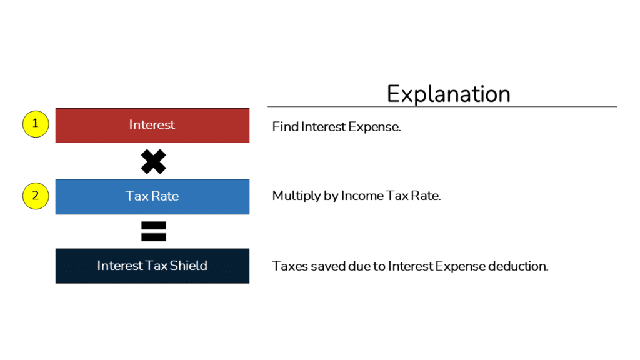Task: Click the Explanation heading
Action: point(448,94)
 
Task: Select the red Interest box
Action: point(87,126)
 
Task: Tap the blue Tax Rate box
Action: point(87,197)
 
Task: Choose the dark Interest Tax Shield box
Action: point(75,266)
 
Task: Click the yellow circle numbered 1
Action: point(36,124)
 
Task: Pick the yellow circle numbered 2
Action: point(36,196)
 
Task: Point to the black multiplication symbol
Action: point(153,161)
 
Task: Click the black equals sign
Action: point(153,231)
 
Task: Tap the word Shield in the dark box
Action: point(188,266)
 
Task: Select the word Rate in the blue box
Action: point(166,196)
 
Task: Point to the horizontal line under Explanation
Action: point(442,107)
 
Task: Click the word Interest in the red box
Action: point(152,125)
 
